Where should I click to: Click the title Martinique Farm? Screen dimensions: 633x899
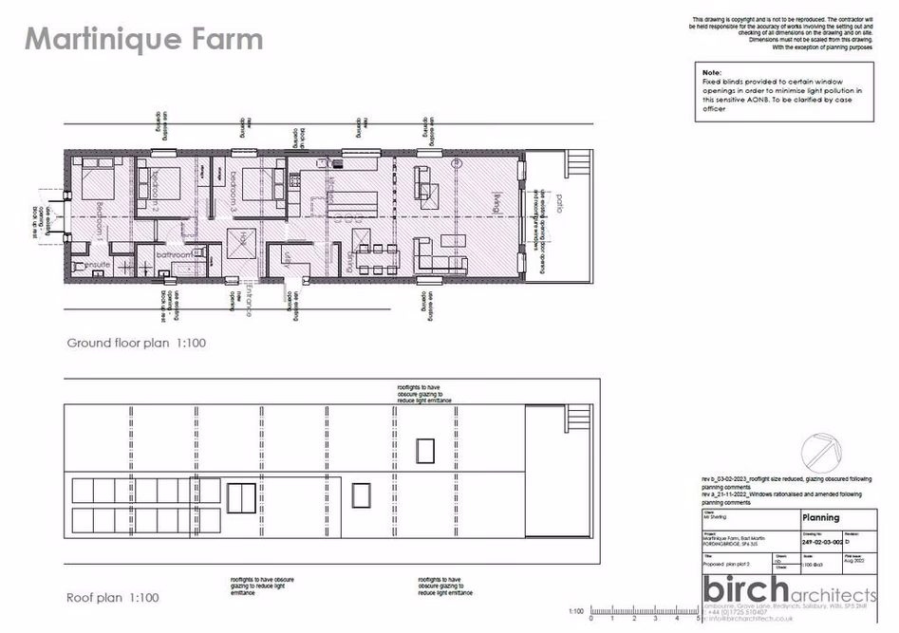143,40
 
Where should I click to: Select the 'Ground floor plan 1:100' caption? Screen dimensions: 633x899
136,343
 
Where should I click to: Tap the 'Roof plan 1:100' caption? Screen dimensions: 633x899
112,597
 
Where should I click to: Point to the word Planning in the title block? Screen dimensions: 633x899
821,518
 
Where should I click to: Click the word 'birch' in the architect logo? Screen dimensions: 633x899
743,586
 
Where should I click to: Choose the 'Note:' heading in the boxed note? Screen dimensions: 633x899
711,72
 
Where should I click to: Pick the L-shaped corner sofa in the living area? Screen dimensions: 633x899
442,253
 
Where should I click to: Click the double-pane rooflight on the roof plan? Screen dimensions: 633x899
241,497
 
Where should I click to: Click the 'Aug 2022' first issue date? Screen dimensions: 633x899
854,562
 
